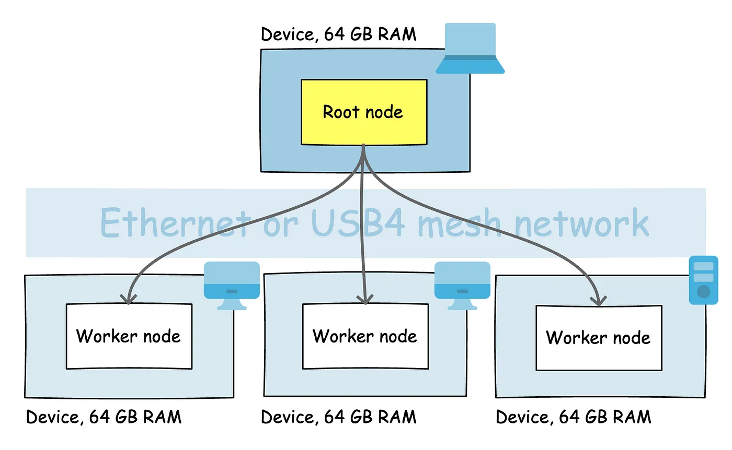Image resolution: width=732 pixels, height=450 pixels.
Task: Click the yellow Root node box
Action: (x=364, y=112)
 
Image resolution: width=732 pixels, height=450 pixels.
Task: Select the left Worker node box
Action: (x=129, y=336)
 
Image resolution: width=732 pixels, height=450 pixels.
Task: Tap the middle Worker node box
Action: (x=365, y=336)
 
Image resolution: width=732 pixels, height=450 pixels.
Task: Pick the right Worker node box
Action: (x=599, y=338)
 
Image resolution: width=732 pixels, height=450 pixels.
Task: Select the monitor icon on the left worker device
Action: (x=232, y=285)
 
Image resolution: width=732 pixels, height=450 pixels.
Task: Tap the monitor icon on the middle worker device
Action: (x=462, y=285)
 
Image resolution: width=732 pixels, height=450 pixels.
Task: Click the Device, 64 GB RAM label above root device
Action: (x=338, y=34)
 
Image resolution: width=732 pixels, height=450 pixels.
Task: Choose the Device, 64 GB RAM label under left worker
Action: (x=104, y=417)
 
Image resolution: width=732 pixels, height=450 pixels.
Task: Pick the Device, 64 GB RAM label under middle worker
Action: (x=338, y=417)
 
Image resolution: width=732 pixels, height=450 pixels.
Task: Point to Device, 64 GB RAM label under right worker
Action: (x=573, y=417)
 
